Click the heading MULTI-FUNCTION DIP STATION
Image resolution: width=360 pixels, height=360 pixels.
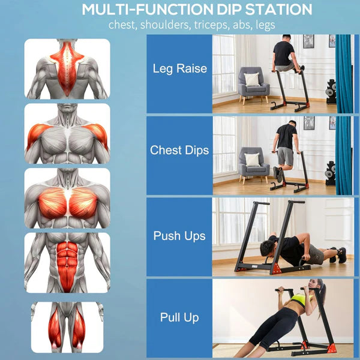197,10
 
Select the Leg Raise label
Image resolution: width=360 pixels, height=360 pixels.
179,68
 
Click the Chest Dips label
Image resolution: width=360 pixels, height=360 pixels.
179,150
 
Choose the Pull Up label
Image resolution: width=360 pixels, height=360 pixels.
179,317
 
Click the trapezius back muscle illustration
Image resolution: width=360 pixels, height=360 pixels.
67,68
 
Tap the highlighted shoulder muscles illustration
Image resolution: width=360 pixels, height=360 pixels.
67,134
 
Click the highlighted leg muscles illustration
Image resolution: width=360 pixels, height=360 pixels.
67,326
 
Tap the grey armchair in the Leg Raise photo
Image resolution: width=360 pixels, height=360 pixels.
253,82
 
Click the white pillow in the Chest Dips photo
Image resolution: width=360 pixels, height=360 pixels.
253,160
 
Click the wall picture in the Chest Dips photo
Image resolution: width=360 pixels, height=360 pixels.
308,122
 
